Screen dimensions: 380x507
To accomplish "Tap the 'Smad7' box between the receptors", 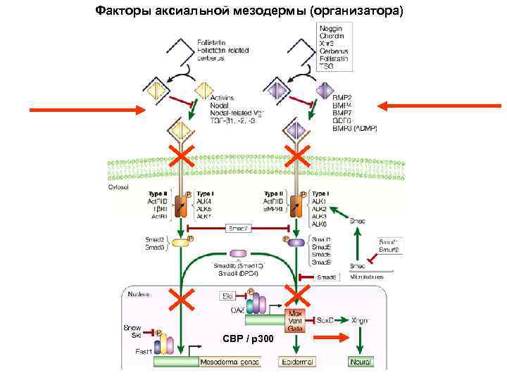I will pyautogui.click(x=236, y=228).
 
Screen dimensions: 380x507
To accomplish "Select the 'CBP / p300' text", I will pyautogui.click(x=244, y=340).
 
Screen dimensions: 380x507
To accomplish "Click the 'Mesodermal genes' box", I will pyautogui.click(x=230, y=362).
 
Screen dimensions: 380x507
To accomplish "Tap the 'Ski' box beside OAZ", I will pyautogui.click(x=227, y=296).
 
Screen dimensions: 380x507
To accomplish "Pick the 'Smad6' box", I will pyautogui.click(x=326, y=277).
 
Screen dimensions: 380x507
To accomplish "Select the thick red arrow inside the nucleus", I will pyautogui.click(x=337, y=339).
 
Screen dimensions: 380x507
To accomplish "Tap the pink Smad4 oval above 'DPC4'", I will pyautogui.click(x=239, y=253).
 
